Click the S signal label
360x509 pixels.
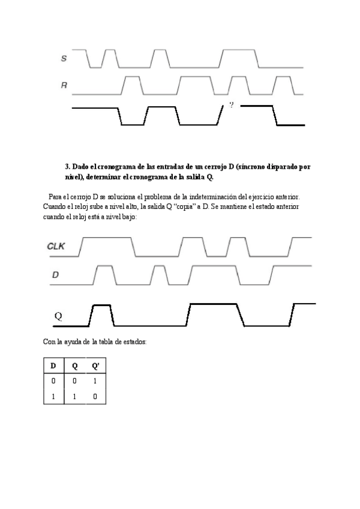click(64, 58)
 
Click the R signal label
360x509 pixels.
click(64, 86)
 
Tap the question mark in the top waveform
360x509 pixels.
click(231, 105)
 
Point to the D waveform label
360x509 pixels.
click(55, 275)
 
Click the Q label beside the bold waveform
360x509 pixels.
click(59, 315)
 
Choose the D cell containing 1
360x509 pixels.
click(53, 397)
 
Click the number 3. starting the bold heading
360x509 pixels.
click(68, 166)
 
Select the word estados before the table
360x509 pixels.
click(132, 342)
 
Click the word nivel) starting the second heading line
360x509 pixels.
click(74, 177)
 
